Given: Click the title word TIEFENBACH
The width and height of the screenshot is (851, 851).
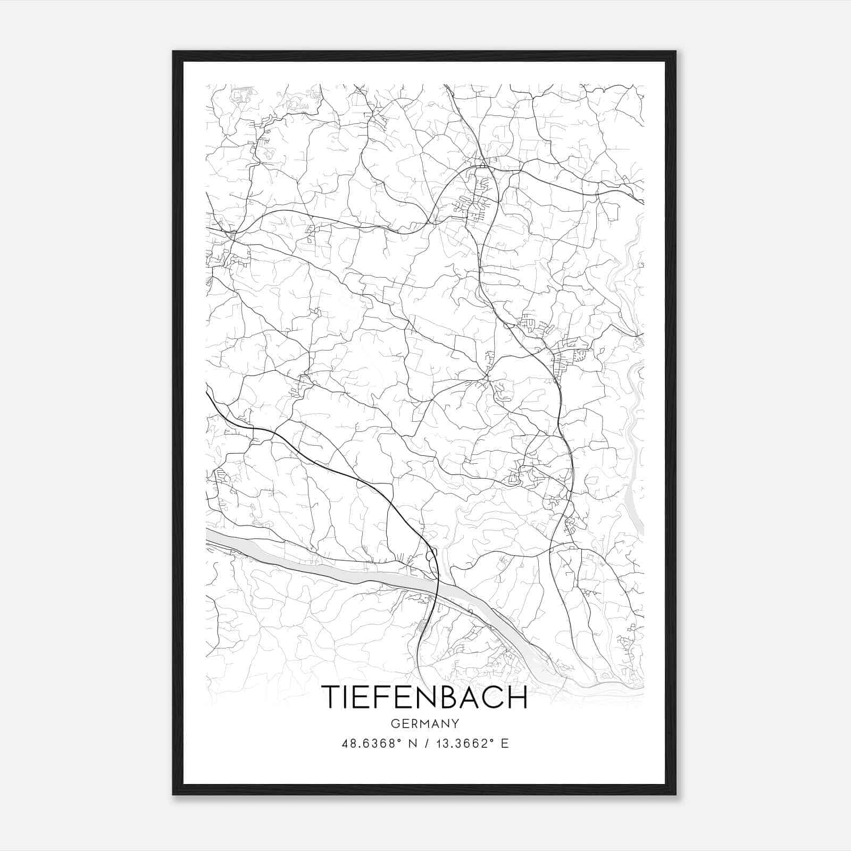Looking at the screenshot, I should pyautogui.click(x=424, y=697).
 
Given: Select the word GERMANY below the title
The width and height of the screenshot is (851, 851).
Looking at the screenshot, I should pyautogui.click(x=424, y=723).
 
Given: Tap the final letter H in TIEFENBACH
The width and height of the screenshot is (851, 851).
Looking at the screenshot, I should pyautogui.click(x=516, y=697).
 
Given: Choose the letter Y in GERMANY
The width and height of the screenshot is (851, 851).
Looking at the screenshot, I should pyautogui.click(x=455, y=723).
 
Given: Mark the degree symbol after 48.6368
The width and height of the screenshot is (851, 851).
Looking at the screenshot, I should pyautogui.click(x=399, y=740).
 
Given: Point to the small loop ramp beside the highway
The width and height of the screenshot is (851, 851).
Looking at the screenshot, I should pyautogui.click(x=431, y=555).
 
